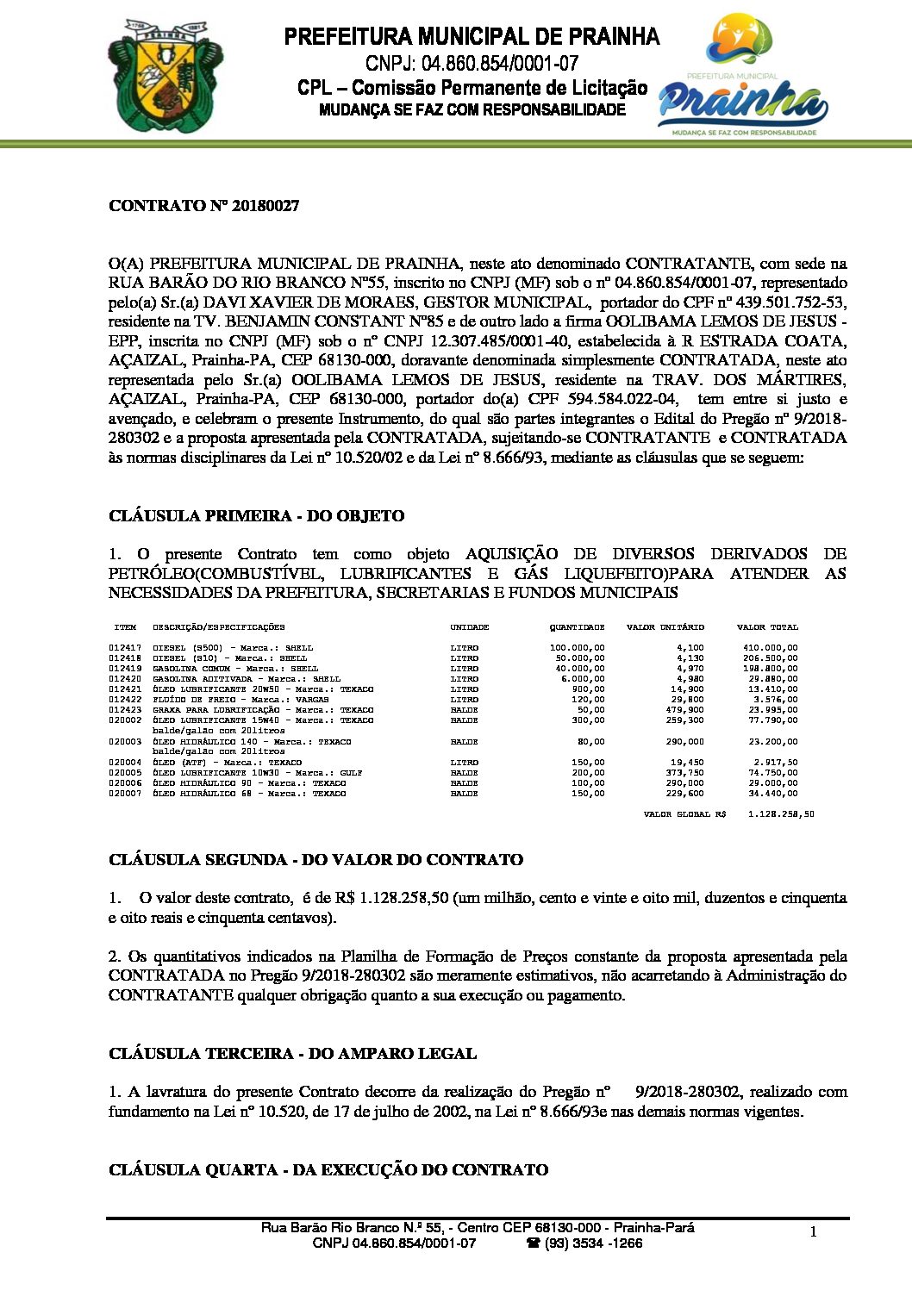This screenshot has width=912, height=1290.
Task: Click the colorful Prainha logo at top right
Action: pos(742,77)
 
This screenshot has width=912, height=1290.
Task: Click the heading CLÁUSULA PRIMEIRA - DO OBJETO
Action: pos(256,516)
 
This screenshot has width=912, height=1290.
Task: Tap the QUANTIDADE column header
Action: pos(577,627)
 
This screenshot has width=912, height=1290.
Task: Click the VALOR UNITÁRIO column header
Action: pos(665,627)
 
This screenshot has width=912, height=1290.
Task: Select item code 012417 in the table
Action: pos(125,648)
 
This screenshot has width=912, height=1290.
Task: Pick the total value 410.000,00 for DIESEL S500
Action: pos(770,648)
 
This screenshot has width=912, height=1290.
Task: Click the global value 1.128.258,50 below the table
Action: pos(781,814)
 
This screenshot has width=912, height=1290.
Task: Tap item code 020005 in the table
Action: pos(125,773)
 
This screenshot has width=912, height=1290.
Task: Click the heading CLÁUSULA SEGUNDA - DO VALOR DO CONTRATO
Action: pos(315,860)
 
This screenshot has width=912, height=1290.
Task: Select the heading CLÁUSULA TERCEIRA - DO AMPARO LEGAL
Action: pos(292,1054)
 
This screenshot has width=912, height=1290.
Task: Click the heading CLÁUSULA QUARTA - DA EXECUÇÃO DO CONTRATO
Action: pos(328,1170)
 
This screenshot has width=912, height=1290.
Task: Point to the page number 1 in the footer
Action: pos(813,1232)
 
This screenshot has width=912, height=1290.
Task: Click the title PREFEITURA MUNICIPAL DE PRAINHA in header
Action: pos(472,37)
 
